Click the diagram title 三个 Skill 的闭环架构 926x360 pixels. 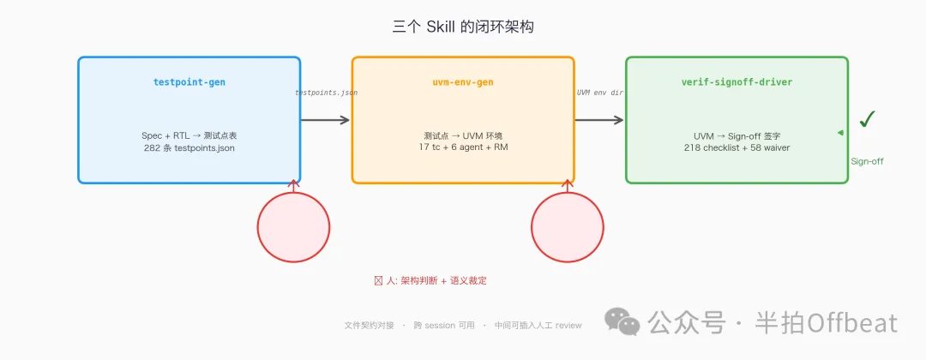[x=463, y=27]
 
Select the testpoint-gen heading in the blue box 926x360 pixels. [x=189, y=82]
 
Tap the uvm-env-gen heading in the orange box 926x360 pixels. [x=463, y=82]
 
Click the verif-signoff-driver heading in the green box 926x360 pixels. [x=737, y=82]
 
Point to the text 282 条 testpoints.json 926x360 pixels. [x=189, y=148]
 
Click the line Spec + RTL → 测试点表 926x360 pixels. [x=189, y=135]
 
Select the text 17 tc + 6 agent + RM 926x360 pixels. [x=463, y=148]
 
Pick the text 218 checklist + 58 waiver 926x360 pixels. [x=737, y=148]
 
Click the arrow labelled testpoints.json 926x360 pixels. [x=326, y=120]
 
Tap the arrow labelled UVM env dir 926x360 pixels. [x=599, y=120]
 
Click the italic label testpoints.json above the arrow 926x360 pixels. [x=327, y=92]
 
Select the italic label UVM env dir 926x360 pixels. [x=599, y=92]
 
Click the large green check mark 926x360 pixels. [x=867, y=119]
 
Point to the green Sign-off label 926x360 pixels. [x=867, y=161]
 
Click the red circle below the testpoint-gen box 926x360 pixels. [x=293, y=227]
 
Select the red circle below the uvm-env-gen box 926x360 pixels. [x=567, y=227]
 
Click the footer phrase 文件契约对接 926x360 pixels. [x=370, y=326]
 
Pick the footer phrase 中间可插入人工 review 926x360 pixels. [x=538, y=326]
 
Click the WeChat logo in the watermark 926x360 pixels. [x=622, y=321]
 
